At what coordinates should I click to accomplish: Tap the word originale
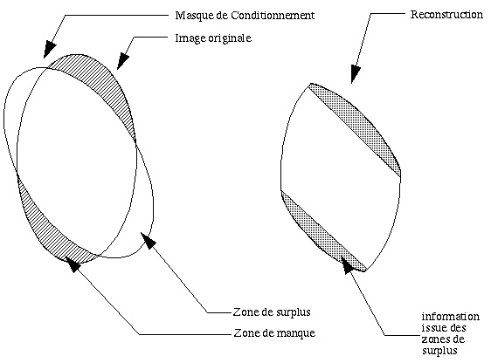pyautogui.click(x=230, y=38)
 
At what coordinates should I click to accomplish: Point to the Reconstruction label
pyautogui.click(x=446, y=14)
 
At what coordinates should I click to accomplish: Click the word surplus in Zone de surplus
pyautogui.click(x=294, y=312)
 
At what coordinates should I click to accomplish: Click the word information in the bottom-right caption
pyautogui.click(x=450, y=317)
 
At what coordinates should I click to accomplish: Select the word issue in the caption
pyautogui.click(x=432, y=328)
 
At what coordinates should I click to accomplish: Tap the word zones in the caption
pyautogui.click(x=433, y=339)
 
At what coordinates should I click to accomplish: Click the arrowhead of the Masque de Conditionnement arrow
pyautogui.click(x=49, y=50)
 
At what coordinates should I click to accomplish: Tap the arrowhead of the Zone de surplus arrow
pyautogui.click(x=149, y=241)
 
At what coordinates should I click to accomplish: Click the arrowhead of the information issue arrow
pyautogui.click(x=348, y=265)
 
